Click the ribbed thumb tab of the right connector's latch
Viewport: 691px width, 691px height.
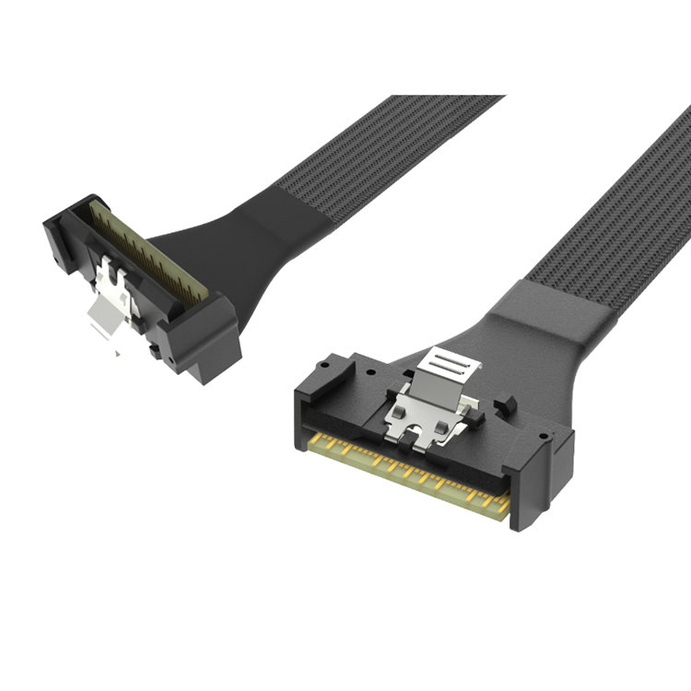(x=448, y=362)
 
